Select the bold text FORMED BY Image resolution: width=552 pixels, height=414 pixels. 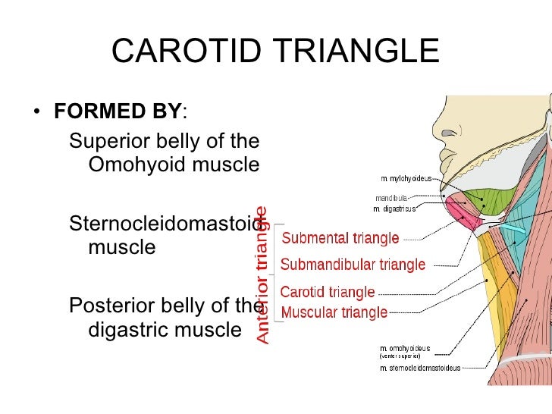pyautogui.click(x=118, y=112)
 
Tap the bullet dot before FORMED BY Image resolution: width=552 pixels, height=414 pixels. pyautogui.click(x=37, y=114)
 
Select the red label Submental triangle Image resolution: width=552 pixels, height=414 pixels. pyautogui.click(x=340, y=238)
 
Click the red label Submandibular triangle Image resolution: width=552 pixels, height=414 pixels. pyautogui.click(x=353, y=265)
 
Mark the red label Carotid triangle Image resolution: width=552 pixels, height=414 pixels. pyautogui.click(x=328, y=292)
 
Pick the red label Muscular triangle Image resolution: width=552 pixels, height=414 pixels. pyautogui.click(x=334, y=312)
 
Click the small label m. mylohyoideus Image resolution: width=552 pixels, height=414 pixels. pyautogui.click(x=406, y=179)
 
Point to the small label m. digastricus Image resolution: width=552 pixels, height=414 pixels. pyautogui.click(x=397, y=208)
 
